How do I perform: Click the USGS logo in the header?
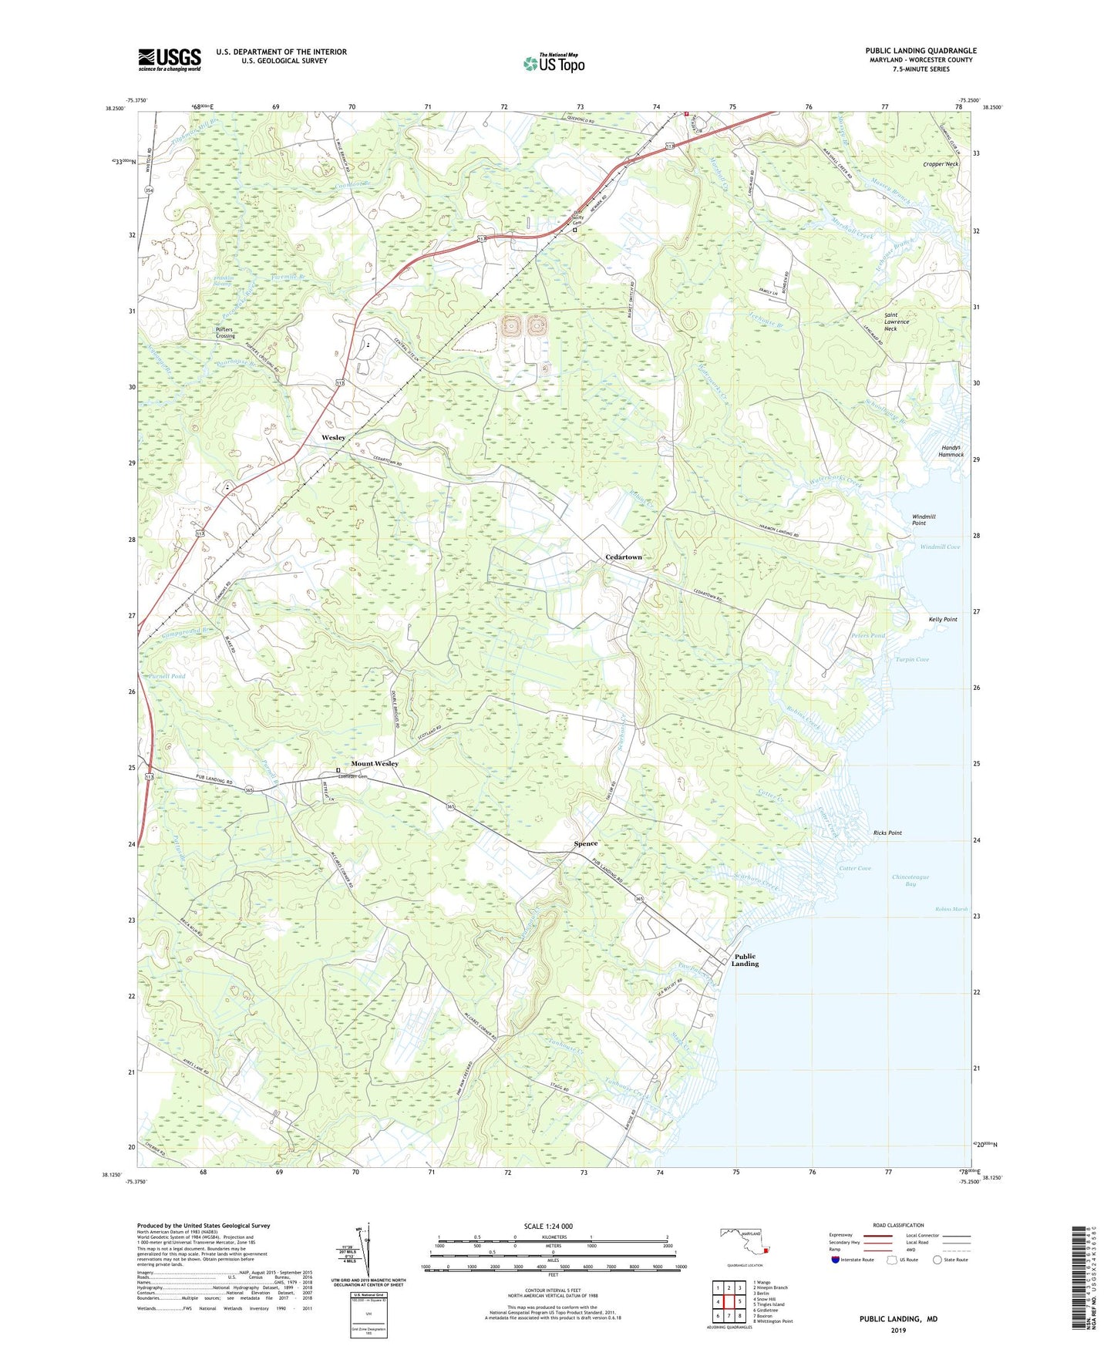[x=170, y=59]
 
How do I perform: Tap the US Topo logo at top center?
[x=553, y=63]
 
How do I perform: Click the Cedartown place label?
[x=623, y=557]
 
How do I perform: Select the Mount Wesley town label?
[x=375, y=763]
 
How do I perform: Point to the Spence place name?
[x=586, y=843]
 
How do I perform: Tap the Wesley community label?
[x=333, y=437]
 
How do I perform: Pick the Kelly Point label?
[x=943, y=619]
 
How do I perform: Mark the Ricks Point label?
[x=887, y=833]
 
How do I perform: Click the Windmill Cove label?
[x=940, y=547]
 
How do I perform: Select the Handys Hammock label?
[x=951, y=451]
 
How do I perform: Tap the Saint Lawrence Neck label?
[x=897, y=321]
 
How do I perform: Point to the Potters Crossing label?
[x=225, y=332]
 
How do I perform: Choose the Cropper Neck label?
[x=941, y=164]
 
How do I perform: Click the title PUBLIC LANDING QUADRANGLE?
[x=920, y=51]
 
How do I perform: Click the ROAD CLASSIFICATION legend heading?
[x=898, y=1225]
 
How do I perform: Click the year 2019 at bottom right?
[x=898, y=1331]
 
